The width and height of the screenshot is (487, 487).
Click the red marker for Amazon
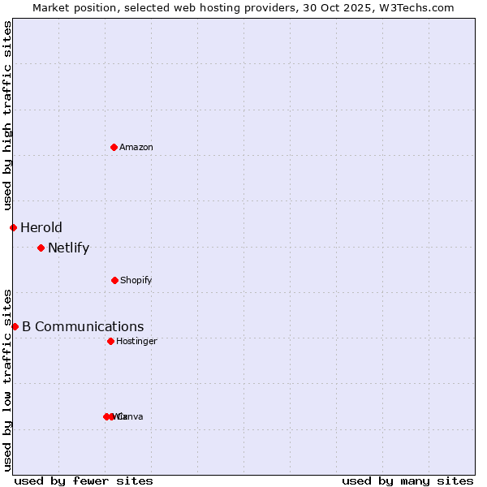114,147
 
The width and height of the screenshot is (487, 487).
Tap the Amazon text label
136,148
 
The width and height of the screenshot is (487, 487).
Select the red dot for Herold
13,227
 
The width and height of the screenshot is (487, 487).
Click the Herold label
41,227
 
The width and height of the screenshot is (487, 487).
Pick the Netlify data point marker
41,248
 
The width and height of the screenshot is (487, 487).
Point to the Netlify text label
69,248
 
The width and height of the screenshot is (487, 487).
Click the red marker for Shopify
114,280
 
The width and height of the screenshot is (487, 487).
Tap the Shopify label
136,281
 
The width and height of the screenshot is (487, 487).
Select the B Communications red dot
15,326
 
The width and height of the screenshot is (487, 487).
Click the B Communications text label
83,327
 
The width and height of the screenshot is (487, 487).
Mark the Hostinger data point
110,341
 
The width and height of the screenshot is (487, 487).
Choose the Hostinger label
136,342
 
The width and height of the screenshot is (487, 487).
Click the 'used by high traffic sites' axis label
8,115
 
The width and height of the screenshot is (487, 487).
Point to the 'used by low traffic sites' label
8,380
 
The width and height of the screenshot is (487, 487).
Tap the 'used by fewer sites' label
84,481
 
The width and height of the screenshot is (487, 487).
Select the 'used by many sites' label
407,481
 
